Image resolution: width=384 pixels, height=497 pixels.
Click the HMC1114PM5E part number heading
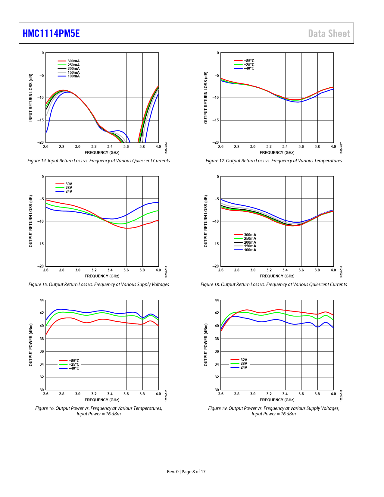(x=51, y=33)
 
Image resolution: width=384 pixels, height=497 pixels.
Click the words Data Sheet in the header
(x=329, y=33)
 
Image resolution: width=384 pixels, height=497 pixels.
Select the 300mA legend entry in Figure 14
(x=73, y=61)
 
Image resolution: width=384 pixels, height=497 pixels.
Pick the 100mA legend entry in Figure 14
(x=73, y=76)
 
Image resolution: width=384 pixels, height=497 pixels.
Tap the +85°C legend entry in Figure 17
(x=249, y=61)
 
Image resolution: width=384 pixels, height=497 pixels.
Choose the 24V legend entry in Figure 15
(x=69, y=192)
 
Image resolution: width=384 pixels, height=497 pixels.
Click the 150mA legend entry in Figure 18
(x=250, y=246)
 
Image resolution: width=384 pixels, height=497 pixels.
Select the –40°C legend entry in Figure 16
(x=74, y=368)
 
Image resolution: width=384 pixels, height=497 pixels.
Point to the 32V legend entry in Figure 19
(x=244, y=360)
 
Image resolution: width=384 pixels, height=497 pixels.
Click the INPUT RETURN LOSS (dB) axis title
(x=30, y=98)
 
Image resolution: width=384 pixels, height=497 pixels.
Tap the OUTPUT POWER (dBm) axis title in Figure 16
(x=30, y=345)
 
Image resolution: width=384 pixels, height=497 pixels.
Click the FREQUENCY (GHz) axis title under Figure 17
(x=277, y=153)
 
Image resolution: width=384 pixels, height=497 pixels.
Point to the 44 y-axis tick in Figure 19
(x=217, y=300)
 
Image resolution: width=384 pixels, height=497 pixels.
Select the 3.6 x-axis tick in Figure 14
(x=126, y=147)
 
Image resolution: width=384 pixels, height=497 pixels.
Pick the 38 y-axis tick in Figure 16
(x=42, y=339)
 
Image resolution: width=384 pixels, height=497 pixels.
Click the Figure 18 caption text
(x=273, y=285)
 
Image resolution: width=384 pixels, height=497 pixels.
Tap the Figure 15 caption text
(x=98, y=285)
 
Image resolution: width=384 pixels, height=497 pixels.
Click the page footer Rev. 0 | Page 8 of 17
(x=186, y=472)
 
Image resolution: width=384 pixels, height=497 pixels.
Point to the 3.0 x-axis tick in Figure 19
(x=253, y=394)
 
